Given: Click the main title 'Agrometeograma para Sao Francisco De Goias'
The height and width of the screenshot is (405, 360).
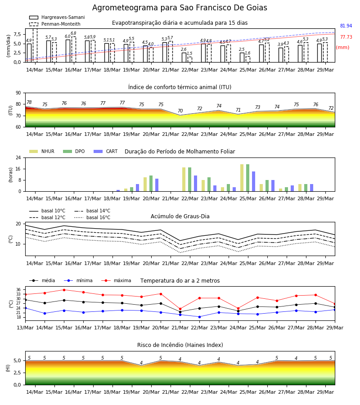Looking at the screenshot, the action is pos(180,8).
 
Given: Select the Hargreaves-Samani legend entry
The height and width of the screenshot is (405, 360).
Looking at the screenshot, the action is pos(57,17).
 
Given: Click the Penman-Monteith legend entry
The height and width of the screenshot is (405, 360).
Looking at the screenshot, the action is pos(55,24).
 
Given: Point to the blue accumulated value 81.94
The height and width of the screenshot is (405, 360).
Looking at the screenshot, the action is pos(346,26).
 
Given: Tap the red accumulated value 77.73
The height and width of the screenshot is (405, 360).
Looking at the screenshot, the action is pos(346,37).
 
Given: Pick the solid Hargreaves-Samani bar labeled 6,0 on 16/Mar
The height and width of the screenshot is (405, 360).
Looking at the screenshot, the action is pos(68,51).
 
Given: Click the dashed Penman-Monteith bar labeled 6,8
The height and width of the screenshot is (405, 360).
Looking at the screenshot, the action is pos(74,49).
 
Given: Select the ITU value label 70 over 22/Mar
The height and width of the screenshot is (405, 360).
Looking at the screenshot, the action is pos(180,111).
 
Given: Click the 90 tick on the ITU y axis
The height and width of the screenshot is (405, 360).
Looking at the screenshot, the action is pos(18,93).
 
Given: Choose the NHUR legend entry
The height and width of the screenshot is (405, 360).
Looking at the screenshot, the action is pos(42,151).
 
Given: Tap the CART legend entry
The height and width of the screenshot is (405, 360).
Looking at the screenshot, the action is pos(106,151).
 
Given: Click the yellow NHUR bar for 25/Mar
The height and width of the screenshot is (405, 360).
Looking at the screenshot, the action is pos(242,178).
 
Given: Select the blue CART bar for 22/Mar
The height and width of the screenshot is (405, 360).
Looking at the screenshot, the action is pos(195,184).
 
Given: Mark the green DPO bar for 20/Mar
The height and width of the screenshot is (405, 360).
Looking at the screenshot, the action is pos(151,184).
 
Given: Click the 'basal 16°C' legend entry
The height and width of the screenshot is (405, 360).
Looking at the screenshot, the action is pos(92,217).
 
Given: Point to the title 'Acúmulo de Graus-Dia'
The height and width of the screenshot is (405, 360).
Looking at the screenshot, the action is pos(180,216).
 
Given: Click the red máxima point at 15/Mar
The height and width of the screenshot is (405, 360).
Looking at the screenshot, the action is pos(64,290).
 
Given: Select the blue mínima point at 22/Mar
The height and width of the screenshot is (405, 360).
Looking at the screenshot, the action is pos(200,317).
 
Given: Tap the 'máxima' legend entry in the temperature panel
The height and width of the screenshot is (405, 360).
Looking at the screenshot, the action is pos(116,280).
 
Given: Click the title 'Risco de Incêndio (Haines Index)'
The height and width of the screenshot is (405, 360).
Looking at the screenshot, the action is pos(180,345).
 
